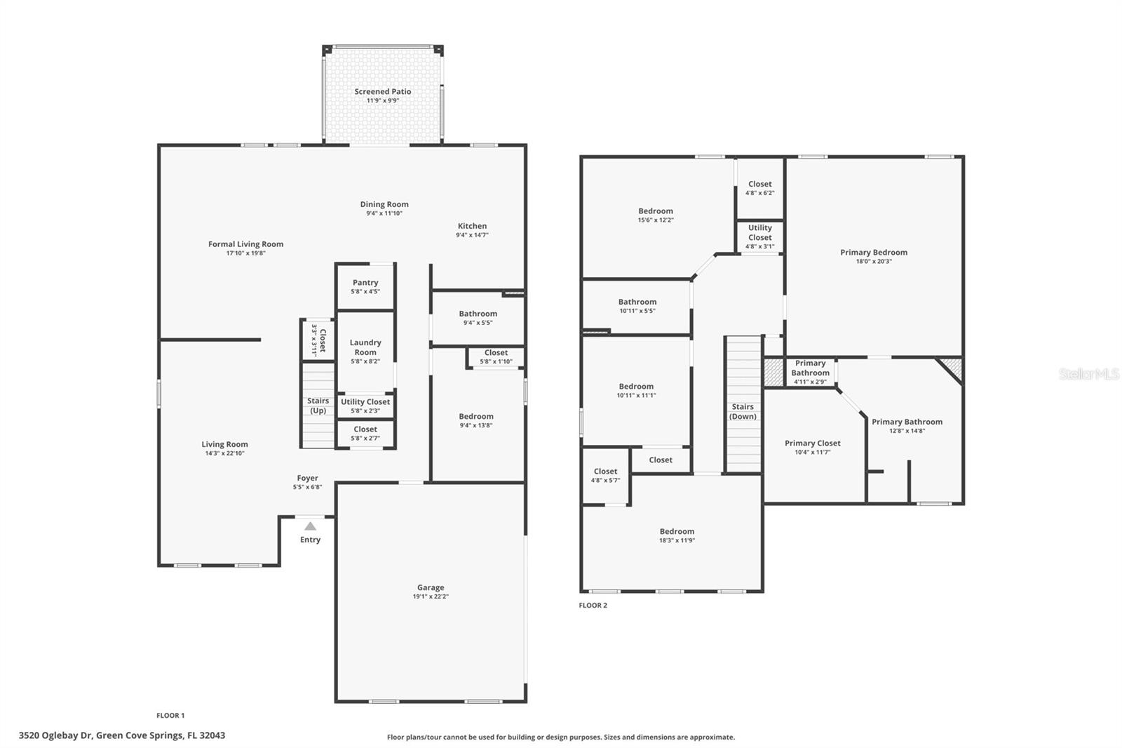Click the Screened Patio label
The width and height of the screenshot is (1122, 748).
pyautogui.click(x=382, y=92)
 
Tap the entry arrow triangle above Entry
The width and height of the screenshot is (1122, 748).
pyautogui.click(x=310, y=526)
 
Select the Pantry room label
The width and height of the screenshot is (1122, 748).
pyautogui.click(x=365, y=283)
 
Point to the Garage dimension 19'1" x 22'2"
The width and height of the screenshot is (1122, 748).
pyautogui.click(x=431, y=597)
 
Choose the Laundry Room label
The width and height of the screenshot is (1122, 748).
pyautogui.click(x=365, y=347)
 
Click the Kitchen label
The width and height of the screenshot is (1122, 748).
pyautogui.click(x=472, y=226)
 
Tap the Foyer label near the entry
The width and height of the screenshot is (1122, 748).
pyautogui.click(x=307, y=478)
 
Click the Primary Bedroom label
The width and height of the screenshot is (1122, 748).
pyautogui.click(x=874, y=253)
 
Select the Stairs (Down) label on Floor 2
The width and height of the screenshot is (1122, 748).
pyautogui.click(x=743, y=411)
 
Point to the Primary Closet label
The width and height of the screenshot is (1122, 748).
pyautogui.click(x=812, y=443)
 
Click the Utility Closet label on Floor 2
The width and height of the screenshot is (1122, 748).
pyautogui.click(x=759, y=232)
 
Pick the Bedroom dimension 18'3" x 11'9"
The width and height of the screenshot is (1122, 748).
pyautogui.click(x=677, y=541)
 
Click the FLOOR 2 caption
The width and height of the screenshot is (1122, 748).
pyautogui.click(x=593, y=606)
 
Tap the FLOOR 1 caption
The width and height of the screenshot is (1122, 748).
pyautogui.click(x=170, y=716)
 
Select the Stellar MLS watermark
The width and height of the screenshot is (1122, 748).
pyautogui.click(x=1089, y=375)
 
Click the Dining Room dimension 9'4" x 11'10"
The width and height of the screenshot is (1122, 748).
pyautogui.click(x=384, y=213)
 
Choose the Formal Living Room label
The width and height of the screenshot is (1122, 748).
pyautogui.click(x=245, y=244)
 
